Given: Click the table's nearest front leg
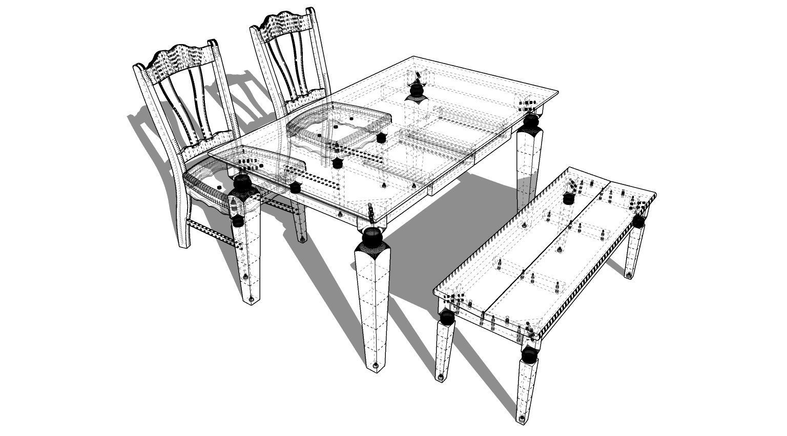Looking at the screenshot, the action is [373, 302].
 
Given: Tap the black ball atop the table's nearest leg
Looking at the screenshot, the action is [372, 236].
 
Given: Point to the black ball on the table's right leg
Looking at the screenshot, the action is [530, 121].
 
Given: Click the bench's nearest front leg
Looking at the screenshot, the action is [527, 384].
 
